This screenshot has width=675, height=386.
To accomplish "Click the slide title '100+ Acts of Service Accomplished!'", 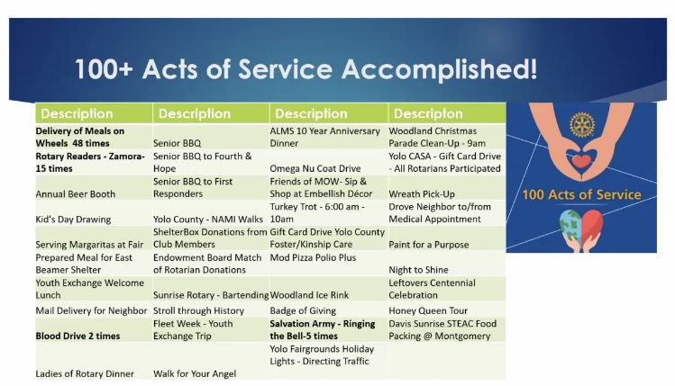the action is tap(306, 69).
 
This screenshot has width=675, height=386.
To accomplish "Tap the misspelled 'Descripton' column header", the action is tap(428, 113).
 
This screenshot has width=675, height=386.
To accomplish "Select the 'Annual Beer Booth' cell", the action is tap(76, 193).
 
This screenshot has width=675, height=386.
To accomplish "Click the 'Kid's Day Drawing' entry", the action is tap(73, 220).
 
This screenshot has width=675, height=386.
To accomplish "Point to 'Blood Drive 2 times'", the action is tap(78, 336).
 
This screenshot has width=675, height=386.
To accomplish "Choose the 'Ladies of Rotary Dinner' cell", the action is tap(85, 373).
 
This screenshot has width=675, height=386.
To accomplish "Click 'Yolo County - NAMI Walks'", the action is tap(208, 220).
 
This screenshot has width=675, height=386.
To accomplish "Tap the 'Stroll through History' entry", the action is tap(198, 310).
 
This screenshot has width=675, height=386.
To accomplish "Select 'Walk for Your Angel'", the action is tap(195, 373).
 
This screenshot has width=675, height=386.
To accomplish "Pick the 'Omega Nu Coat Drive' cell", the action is tap(315, 168).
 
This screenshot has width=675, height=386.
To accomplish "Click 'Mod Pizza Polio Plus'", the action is tap(313, 257).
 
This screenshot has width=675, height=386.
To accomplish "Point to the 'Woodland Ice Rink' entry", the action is tap(309, 295).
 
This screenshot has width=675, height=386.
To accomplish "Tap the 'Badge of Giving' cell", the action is tap(303, 310).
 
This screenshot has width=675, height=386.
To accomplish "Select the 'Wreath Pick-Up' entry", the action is tap(422, 193).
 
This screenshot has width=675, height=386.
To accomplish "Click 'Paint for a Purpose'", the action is tap(429, 245).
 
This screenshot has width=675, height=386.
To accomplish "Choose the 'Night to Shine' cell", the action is tap(418, 270).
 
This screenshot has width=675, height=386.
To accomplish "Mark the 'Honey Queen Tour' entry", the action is tap(428, 310).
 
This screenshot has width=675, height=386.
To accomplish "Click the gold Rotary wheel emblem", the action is tap(581, 125).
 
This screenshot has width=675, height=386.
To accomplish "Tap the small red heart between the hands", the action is tap(581, 162).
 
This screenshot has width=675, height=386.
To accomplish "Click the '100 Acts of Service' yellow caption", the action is tap(581, 194).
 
